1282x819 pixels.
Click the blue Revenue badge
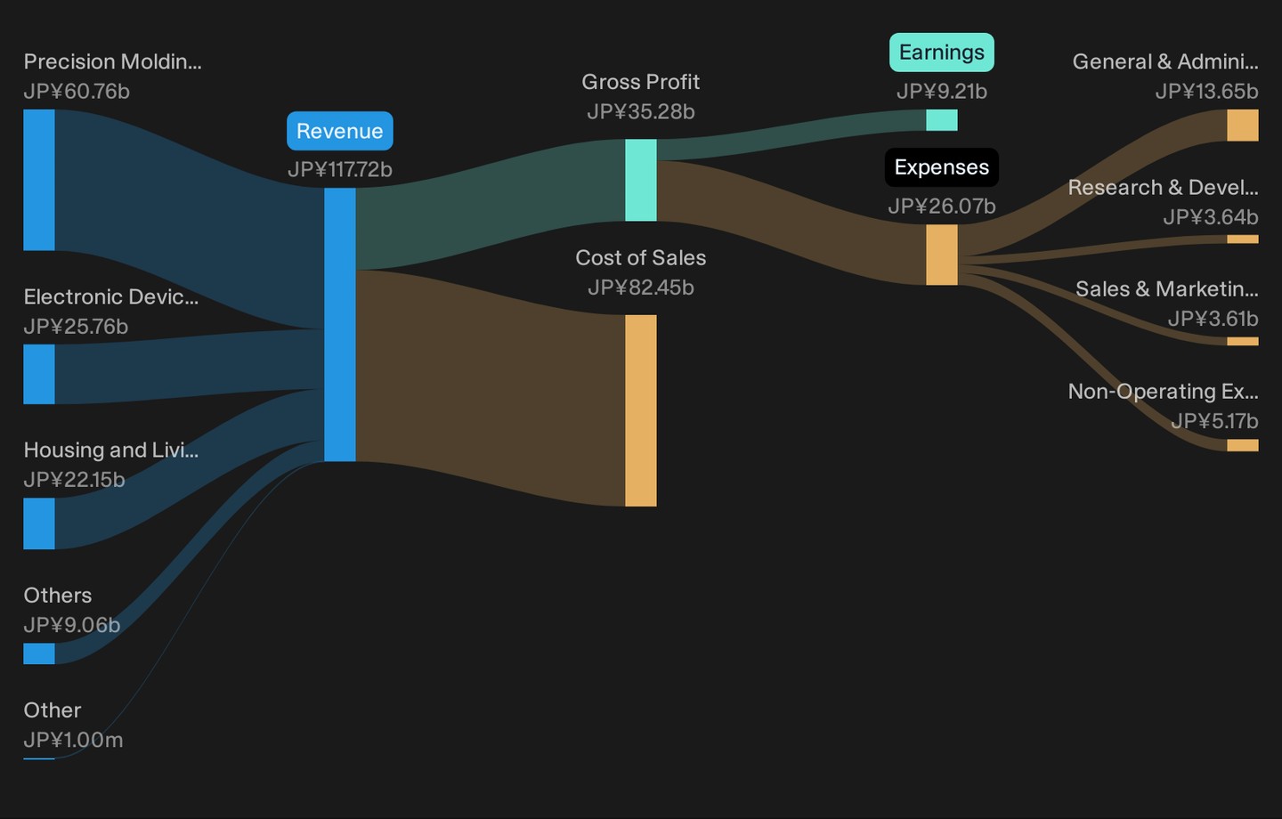(x=340, y=131)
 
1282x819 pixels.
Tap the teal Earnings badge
(x=942, y=53)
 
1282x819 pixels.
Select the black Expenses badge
(x=942, y=167)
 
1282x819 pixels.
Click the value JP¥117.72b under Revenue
(x=340, y=169)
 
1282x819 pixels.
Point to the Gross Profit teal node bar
(x=640, y=181)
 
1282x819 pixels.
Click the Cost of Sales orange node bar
(x=640, y=410)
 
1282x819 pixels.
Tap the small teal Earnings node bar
(x=942, y=120)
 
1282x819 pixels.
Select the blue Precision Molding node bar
(x=39, y=180)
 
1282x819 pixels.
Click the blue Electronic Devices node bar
(x=39, y=374)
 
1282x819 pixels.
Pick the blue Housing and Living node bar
(x=39, y=523)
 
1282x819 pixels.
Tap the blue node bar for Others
(x=39, y=653)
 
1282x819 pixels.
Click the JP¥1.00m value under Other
(x=73, y=740)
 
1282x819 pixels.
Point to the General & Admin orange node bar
(x=1243, y=126)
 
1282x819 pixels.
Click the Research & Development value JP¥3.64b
(x=1211, y=217)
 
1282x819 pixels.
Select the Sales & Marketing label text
(x=1167, y=289)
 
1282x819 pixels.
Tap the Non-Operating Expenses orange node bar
(x=1243, y=445)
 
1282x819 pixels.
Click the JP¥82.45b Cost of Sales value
(x=640, y=288)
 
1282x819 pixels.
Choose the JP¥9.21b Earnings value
(x=942, y=91)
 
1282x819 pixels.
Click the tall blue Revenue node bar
(x=340, y=325)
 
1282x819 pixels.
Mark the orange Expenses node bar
(x=942, y=255)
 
